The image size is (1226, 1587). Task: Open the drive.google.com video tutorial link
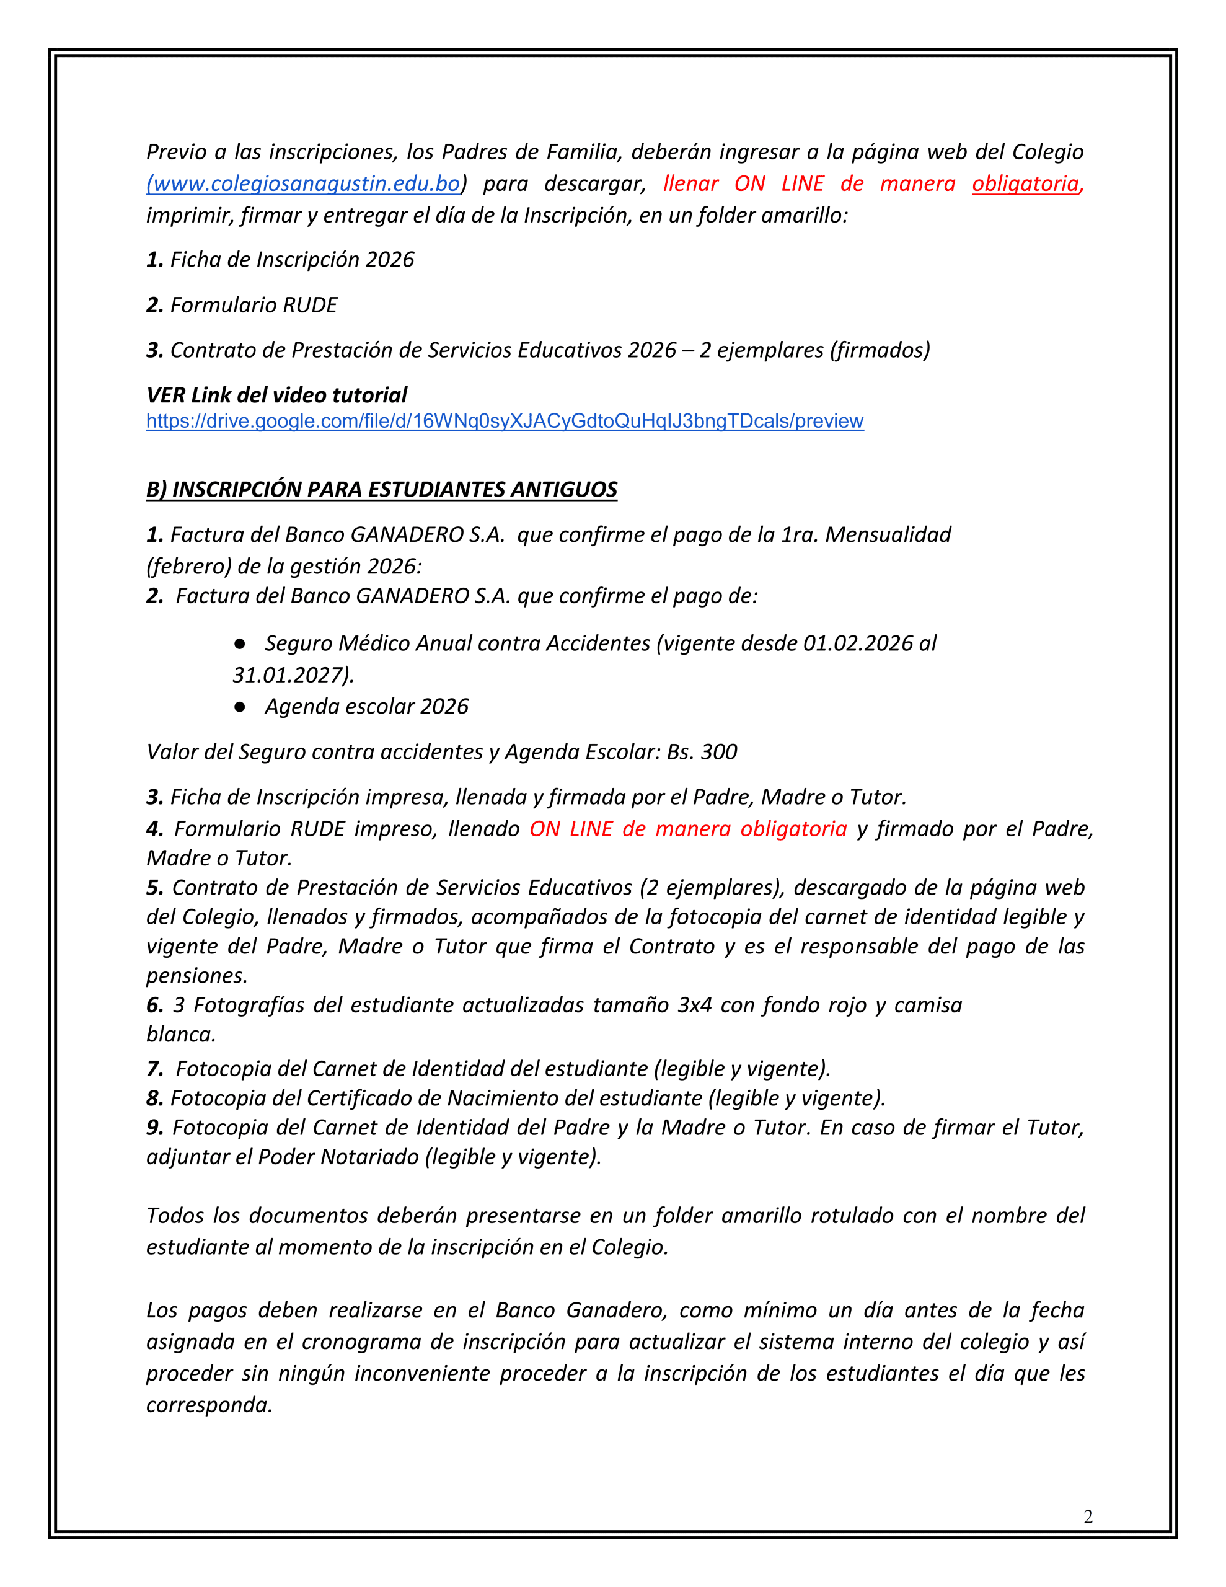coord(505,422)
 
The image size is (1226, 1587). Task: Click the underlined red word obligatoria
coord(1025,184)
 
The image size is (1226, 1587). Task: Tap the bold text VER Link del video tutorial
coord(276,396)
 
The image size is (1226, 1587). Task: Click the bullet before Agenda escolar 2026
coord(240,706)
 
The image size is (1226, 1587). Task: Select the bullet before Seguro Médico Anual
coord(240,643)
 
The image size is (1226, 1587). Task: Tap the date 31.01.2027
coord(289,675)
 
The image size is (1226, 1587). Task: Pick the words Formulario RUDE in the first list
coord(254,305)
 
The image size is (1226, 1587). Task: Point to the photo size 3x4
coord(694,1005)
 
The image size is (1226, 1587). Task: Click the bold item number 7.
coord(154,1069)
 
